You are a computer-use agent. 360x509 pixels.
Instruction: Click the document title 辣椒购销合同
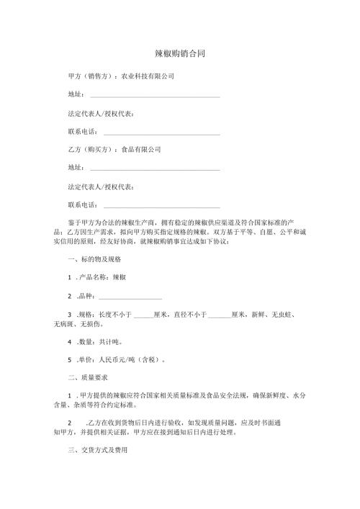point(180,54)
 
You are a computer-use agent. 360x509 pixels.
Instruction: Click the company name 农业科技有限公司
point(147,76)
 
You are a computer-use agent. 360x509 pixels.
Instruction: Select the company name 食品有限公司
point(140,150)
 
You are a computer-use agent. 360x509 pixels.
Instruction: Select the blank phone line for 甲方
point(162,134)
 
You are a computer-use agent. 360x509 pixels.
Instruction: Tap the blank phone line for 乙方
point(162,208)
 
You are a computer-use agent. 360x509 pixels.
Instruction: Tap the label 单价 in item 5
point(86,359)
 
